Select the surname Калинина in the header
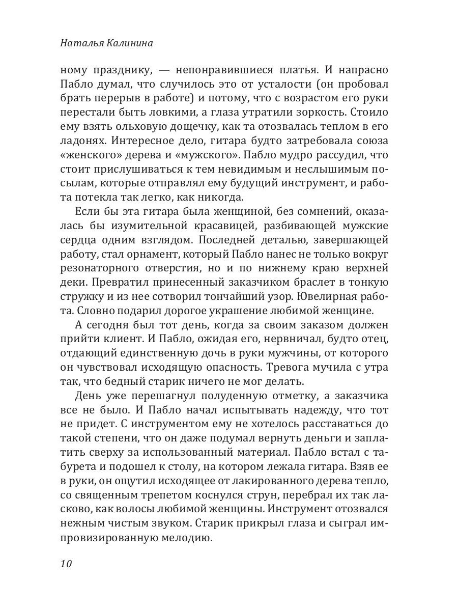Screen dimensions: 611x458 point(131,44)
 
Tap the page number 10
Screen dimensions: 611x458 point(67,564)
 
